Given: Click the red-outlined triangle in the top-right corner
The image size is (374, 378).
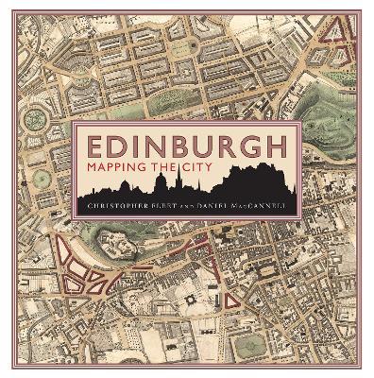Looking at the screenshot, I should click(339, 37).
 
